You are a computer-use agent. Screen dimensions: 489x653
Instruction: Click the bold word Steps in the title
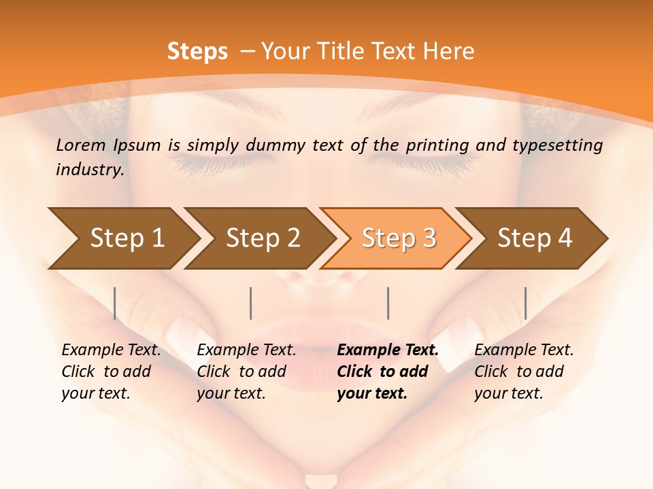197,52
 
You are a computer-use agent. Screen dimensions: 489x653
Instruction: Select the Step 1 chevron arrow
122,238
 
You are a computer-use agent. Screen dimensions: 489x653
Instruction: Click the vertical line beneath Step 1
115,303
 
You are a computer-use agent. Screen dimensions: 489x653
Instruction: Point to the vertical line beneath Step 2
251,303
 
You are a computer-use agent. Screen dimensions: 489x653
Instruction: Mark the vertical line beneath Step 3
388,303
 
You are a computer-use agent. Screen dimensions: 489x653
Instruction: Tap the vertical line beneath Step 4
526,303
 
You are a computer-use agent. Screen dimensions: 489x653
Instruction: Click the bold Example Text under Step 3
388,350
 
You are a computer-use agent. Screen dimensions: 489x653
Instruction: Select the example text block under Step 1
111,372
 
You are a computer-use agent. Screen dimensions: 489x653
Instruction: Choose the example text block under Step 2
246,372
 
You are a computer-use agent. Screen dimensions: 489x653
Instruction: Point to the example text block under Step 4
524,372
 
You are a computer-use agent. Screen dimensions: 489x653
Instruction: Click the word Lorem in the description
81,145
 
